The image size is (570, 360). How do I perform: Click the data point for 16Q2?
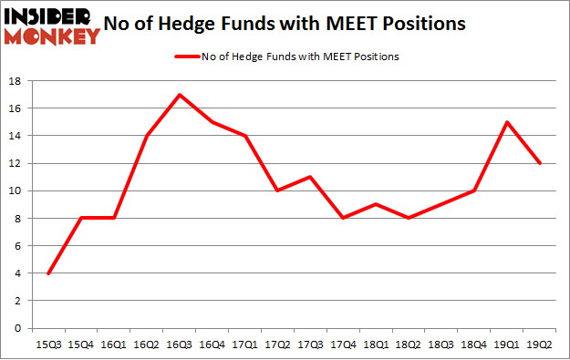[147, 136]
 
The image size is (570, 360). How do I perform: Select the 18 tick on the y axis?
[16, 81]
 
